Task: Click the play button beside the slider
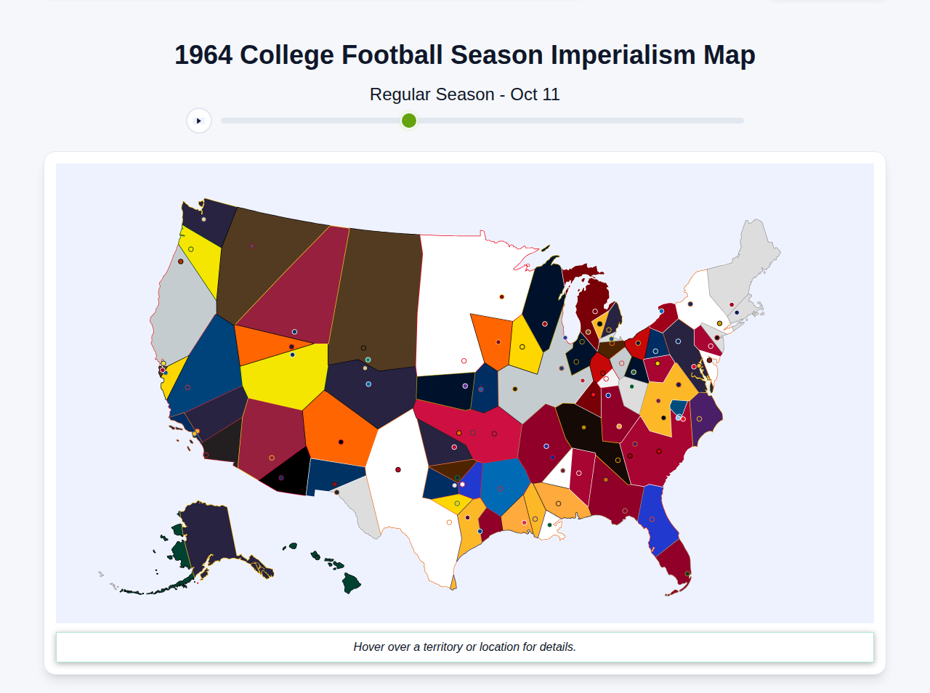pos(199,121)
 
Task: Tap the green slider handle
pos(409,121)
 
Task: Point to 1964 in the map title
pos(203,55)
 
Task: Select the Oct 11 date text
pos(535,94)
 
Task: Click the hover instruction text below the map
pos(465,647)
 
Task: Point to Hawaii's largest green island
pos(351,583)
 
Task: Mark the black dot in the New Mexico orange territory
pos(341,442)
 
